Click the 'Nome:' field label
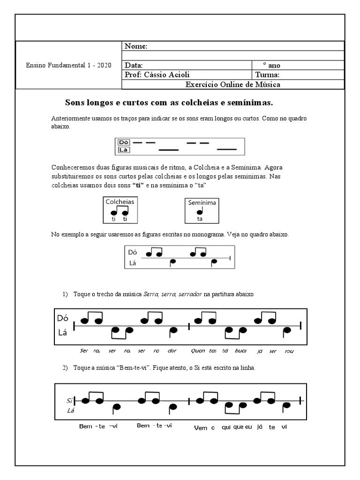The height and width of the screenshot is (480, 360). click(136, 46)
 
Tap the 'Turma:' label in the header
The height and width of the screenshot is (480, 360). click(267, 75)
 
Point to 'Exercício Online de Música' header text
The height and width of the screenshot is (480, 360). click(233, 84)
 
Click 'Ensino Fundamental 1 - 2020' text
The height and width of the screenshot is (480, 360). click(68, 65)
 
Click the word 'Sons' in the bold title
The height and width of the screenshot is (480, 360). click(75, 102)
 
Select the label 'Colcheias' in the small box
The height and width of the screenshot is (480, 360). click(120, 202)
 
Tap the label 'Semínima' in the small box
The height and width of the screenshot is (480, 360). click(202, 203)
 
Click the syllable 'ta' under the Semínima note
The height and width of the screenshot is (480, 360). click(200, 219)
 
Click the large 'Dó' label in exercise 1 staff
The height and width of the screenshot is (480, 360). click(63, 318)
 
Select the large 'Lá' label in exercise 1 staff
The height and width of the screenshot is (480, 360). click(62, 332)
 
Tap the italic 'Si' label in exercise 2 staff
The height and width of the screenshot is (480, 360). click(69, 401)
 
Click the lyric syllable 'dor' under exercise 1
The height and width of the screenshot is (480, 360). click(172, 350)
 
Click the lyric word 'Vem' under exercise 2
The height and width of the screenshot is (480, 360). click(200, 427)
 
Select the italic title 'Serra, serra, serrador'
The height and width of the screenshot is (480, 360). click(172, 294)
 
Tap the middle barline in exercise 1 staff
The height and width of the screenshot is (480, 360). click(188, 326)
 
